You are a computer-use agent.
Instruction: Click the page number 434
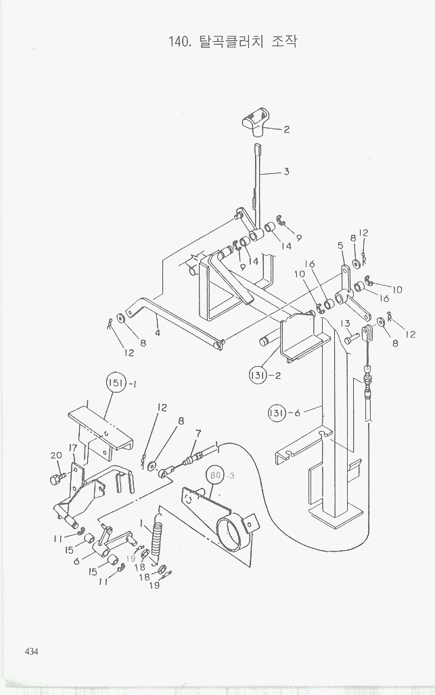click(30, 652)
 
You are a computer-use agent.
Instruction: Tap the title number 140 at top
click(179, 41)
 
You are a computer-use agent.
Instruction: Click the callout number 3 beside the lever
click(286, 172)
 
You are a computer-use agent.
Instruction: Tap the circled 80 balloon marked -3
click(216, 476)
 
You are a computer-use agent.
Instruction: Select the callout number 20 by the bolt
click(55, 455)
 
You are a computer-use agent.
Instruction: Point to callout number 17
click(72, 449)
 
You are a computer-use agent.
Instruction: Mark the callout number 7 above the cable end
click(198, 433)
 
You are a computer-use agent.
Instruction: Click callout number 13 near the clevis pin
click(345, 323)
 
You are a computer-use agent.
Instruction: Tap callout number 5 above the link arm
click(340, 246)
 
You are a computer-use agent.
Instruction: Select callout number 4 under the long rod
click(157, 332)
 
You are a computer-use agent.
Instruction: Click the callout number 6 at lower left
click(76, 560)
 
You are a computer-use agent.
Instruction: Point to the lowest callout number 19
click(154, 585)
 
